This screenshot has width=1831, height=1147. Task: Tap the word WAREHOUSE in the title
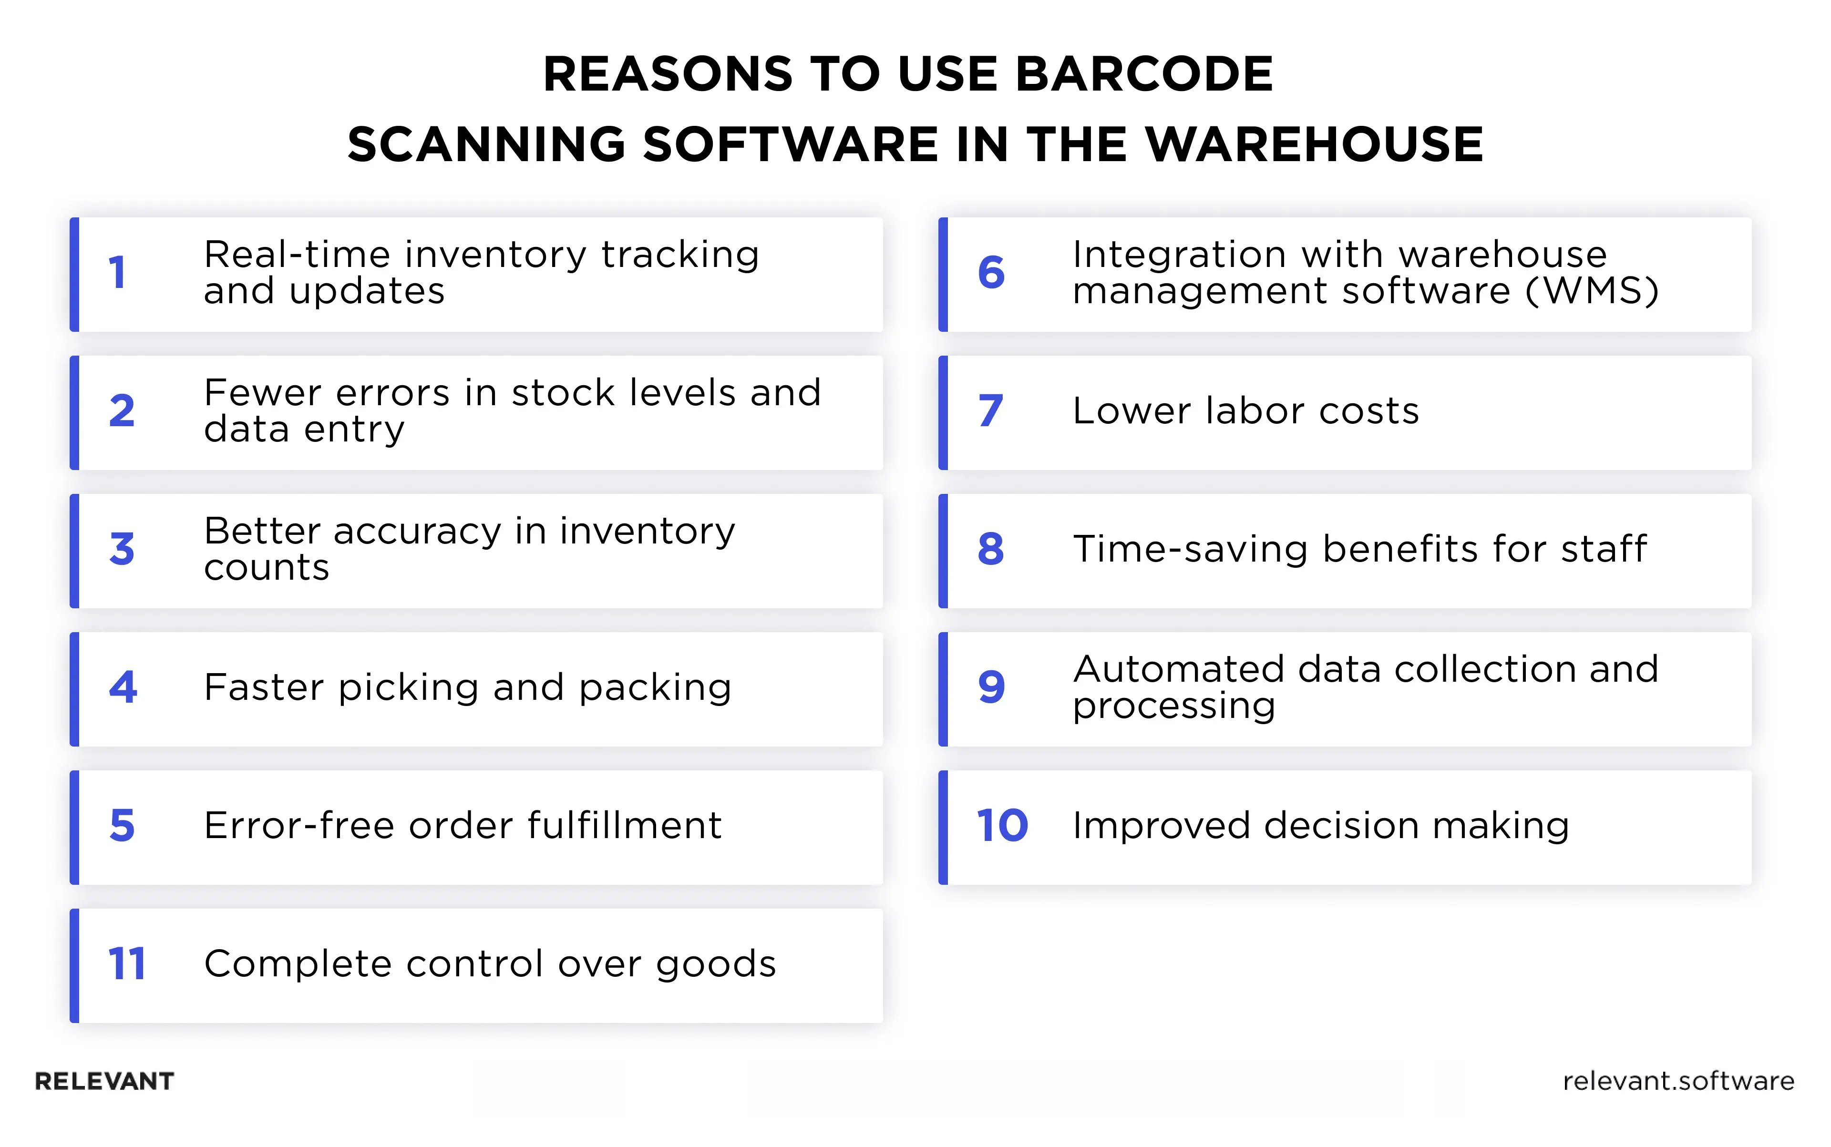(x=1314, y=144)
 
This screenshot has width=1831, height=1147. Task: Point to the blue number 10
(x=1002, y=825)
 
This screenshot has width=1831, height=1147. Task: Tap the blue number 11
(x=126, y=964)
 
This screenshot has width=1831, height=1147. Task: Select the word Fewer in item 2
(x=263, y=393)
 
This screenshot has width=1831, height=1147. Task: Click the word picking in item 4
(x=408, y=688)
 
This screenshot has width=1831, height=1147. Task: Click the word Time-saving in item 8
(x=1190, y=549)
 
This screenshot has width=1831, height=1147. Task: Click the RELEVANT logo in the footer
(x=105, y=1081)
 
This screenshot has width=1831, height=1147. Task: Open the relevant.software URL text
(x=1678, y=1081)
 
